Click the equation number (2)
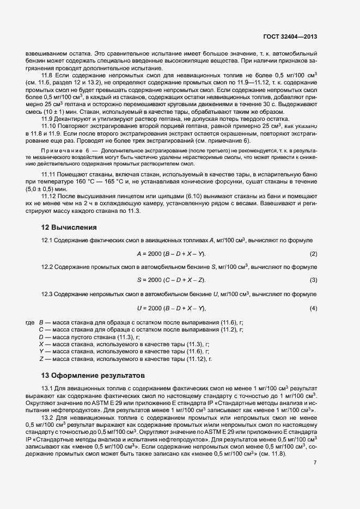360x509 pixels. (313, 254)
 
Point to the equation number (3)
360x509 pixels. (313, 280)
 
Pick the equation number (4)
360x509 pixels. (313, 309)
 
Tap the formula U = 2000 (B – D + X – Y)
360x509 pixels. (171, 309)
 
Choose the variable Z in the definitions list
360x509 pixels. (41, 359)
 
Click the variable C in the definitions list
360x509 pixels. (41, 330)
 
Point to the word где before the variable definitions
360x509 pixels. (29, 323)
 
